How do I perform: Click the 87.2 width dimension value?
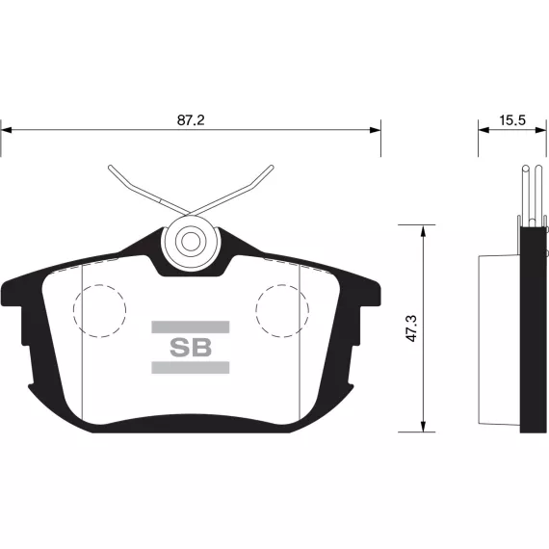(191, 120)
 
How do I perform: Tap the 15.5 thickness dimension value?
(512, 120)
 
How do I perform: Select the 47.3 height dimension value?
(412, 328)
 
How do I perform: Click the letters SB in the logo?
(191, 348)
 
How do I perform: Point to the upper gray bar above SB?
(191, 327)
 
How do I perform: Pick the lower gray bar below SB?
(191, 367)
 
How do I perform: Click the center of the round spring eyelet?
(191, 242)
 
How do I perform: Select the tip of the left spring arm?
(111, 167)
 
